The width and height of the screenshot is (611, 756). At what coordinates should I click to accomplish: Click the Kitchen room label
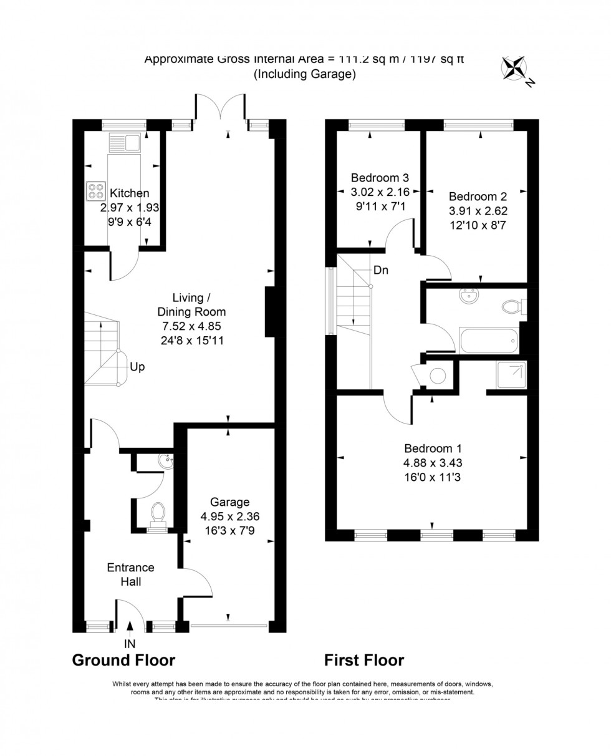coord(129,193)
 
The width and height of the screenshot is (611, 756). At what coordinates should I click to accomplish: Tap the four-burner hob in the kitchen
coord(96,190)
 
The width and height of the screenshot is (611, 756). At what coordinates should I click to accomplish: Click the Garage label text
coord(229,502)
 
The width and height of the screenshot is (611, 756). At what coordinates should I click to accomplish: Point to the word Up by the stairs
coord(137,367)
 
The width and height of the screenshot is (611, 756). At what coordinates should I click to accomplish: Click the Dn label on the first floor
coord(382,271)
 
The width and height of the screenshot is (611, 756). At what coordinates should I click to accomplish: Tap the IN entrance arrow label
coord(130,643)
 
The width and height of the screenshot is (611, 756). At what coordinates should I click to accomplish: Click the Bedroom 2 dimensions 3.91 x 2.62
coord(477,211)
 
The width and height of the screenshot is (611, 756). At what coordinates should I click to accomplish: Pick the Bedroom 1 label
coord(433,448)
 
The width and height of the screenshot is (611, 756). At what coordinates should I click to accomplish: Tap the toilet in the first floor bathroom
coord(512,307)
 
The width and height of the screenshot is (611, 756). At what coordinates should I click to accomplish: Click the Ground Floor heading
coord(124,660)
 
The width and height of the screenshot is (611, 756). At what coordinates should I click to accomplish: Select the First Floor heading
coord(364,660)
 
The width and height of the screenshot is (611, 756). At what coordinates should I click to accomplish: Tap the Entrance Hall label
coord(131,574)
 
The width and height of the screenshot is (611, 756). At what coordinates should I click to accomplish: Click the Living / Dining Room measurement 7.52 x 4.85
coord(192,326)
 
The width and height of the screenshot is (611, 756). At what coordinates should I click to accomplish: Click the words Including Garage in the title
coord(304,74)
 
